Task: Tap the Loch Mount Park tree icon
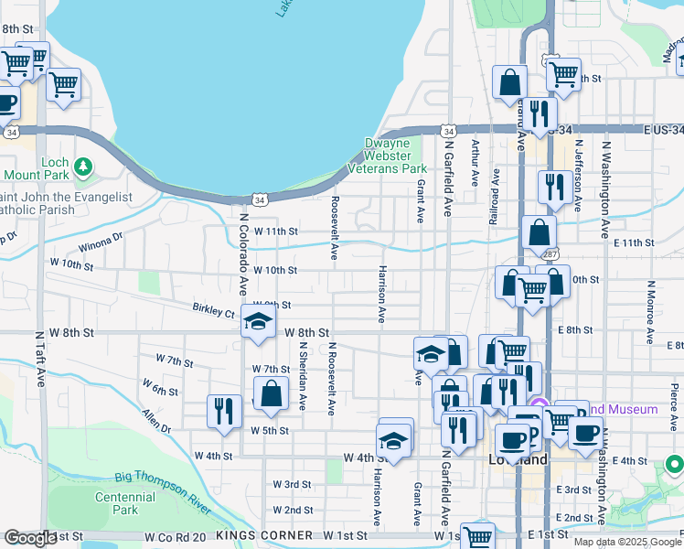coord(84,166)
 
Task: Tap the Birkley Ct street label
coord(213,311)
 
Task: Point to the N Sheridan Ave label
coord(302,376)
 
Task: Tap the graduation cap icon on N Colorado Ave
coord(258,321)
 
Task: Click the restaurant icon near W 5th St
coord(223,409)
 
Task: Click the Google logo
coord(31,538)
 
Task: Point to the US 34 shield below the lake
coord(261,199)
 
